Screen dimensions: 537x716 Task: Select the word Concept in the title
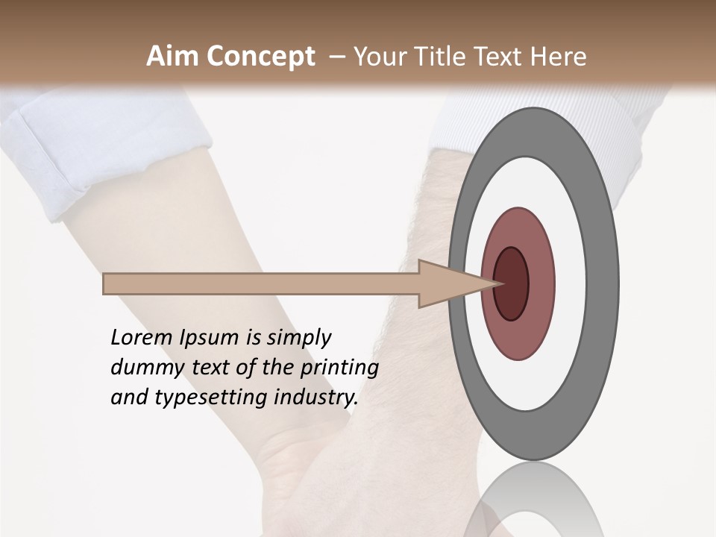point(260,57)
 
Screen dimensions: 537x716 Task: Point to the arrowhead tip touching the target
point(498,283)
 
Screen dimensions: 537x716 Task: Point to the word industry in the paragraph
point(316,398)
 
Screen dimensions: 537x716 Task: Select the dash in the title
point(336,57)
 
